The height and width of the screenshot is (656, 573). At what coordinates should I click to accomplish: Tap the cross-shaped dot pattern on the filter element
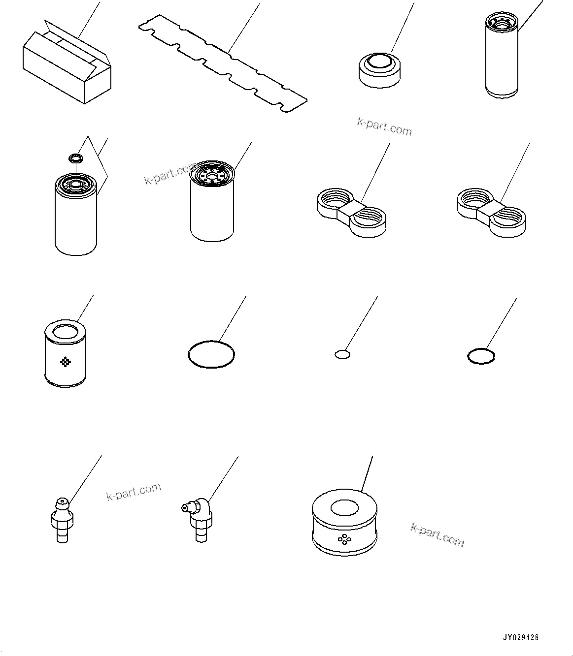[65, 362]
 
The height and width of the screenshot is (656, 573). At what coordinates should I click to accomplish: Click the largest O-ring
[211, 354]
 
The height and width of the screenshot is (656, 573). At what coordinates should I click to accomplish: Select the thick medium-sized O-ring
[481, 356]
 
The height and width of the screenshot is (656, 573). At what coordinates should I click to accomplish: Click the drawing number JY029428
[521, 637]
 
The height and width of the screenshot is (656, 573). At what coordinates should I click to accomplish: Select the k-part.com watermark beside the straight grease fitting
[134, 492]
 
